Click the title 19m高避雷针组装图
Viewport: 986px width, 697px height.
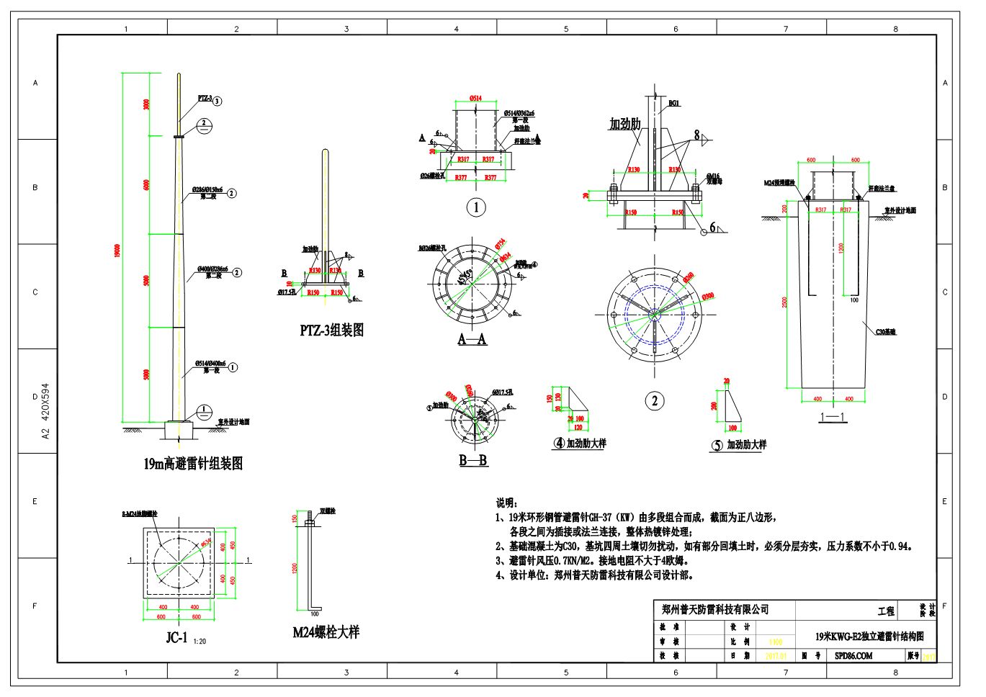[192, 464]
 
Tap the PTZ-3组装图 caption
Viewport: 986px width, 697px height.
[331, 330]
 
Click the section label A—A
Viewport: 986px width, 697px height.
[472, 339]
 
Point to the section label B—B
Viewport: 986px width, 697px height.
[473, 460]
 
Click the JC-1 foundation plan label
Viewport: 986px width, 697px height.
[176, 637]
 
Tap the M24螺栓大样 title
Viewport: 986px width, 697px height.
[326, 632]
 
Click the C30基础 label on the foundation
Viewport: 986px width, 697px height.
[887, 332]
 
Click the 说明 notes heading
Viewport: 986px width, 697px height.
[506, 502]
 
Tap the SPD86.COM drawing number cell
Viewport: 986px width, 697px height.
[853, 656]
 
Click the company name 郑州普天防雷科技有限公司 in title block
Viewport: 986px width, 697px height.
[714, 609]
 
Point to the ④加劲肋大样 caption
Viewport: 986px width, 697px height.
[580, 444]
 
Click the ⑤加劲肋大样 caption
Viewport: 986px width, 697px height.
[739, 445]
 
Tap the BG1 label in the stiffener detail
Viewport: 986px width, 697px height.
[674, 104]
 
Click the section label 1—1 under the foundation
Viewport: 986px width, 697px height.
[832, 416]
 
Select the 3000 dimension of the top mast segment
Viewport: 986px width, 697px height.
[146, 104]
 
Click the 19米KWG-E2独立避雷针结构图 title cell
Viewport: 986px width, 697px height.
[869, 637]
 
